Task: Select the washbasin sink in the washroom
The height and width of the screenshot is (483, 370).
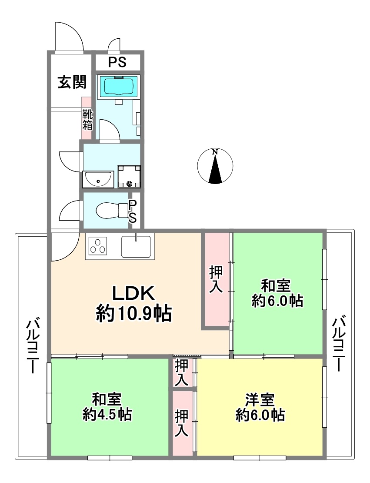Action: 98,179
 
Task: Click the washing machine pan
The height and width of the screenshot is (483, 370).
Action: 129,177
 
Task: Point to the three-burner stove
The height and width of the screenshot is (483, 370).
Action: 98,246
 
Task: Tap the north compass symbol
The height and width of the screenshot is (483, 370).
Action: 215,166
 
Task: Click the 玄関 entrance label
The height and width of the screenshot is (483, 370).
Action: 72,82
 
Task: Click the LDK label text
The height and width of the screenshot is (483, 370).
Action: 133,294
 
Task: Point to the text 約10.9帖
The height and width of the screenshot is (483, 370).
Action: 134,314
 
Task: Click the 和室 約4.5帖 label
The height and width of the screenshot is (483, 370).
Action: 107,407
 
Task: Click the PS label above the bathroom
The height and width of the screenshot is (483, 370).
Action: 117,63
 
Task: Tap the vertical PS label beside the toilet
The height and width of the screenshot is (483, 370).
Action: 132,211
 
